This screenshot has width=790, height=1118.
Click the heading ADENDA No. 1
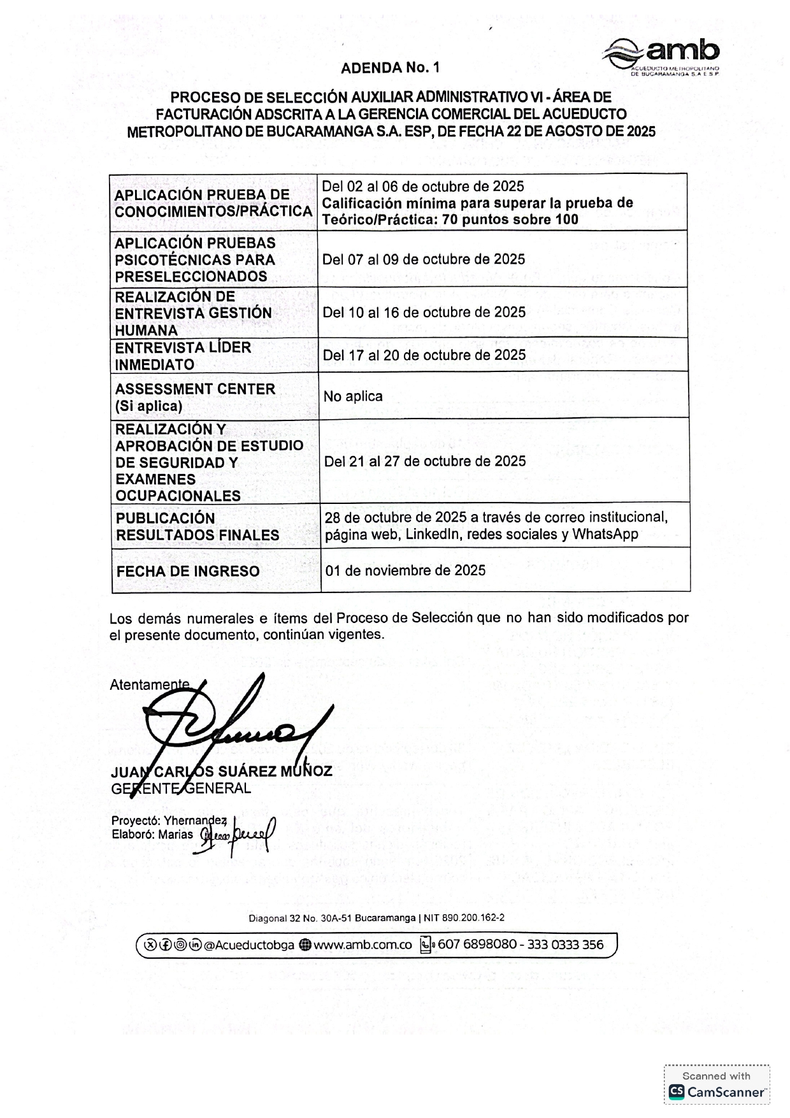pos(390,68)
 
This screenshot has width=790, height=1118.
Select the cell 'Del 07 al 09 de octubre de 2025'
pos(424,259)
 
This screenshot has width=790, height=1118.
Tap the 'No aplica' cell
pos(353,396)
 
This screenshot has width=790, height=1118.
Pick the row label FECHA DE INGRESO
pos(188,571)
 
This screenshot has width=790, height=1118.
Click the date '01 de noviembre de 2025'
pos(405,570)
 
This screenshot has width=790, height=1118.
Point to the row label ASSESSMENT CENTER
pos(195,389)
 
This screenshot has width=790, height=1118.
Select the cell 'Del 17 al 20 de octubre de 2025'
pos(424,355)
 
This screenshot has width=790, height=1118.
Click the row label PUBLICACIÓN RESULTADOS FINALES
pos(197,526)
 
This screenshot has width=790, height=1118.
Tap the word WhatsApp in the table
pos(605,534)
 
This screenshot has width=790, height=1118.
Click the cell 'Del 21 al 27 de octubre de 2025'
pos(425,461)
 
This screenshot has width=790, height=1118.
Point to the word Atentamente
pos(149,685)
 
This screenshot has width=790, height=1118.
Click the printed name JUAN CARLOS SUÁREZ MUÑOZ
pos(222,771)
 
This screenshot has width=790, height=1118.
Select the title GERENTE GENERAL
pos(181,789)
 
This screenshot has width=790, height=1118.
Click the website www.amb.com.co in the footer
pos(363,945)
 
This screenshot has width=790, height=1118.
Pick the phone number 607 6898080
pos(477,944)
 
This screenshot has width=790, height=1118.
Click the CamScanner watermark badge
pos(717,1085)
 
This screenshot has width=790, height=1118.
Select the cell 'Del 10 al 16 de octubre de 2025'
pos(424,312)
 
